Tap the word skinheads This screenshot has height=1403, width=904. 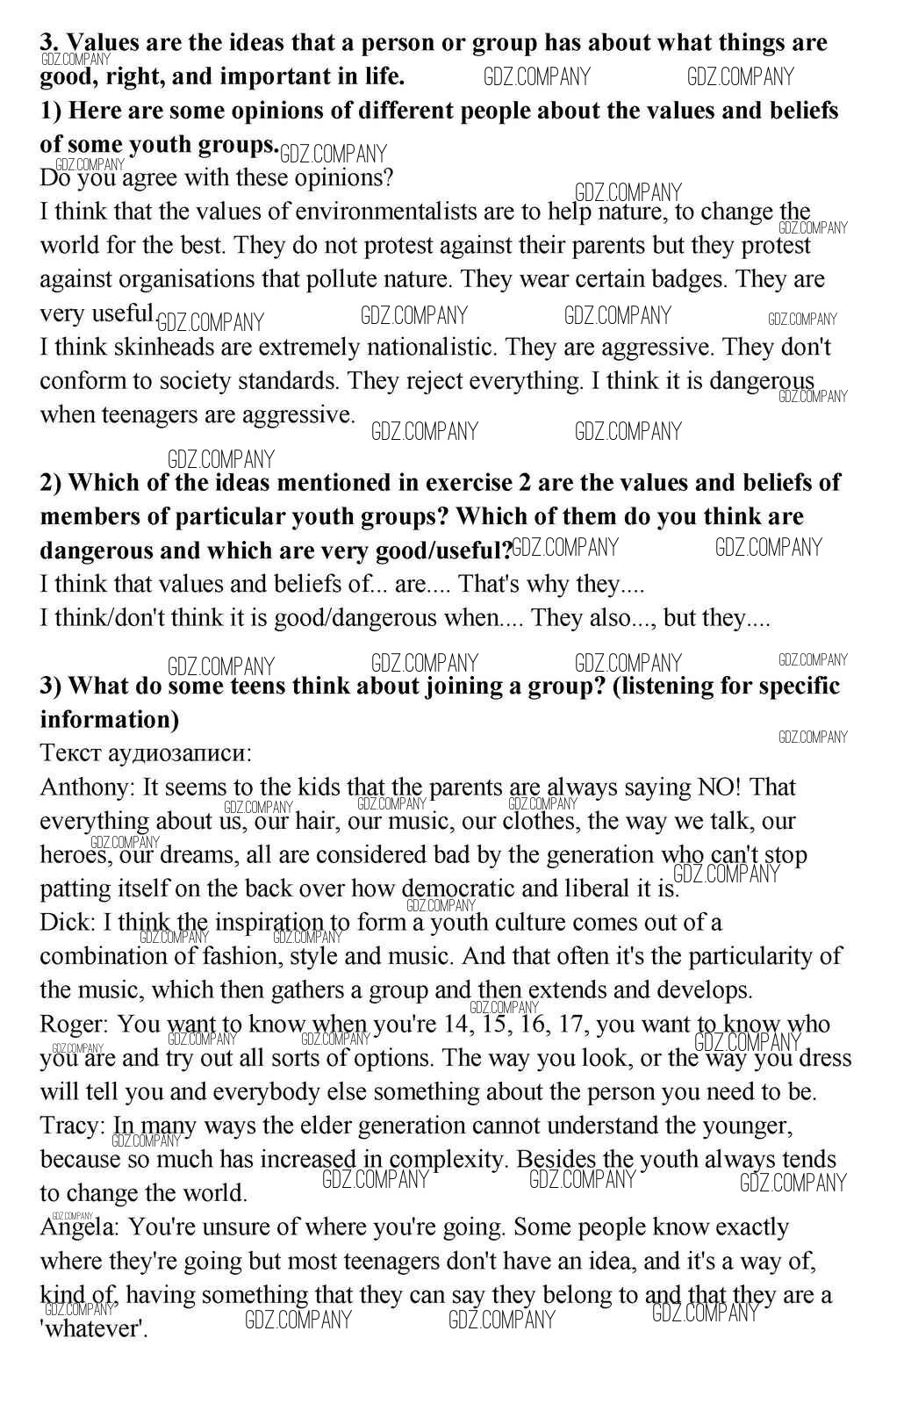click(152, 347)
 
